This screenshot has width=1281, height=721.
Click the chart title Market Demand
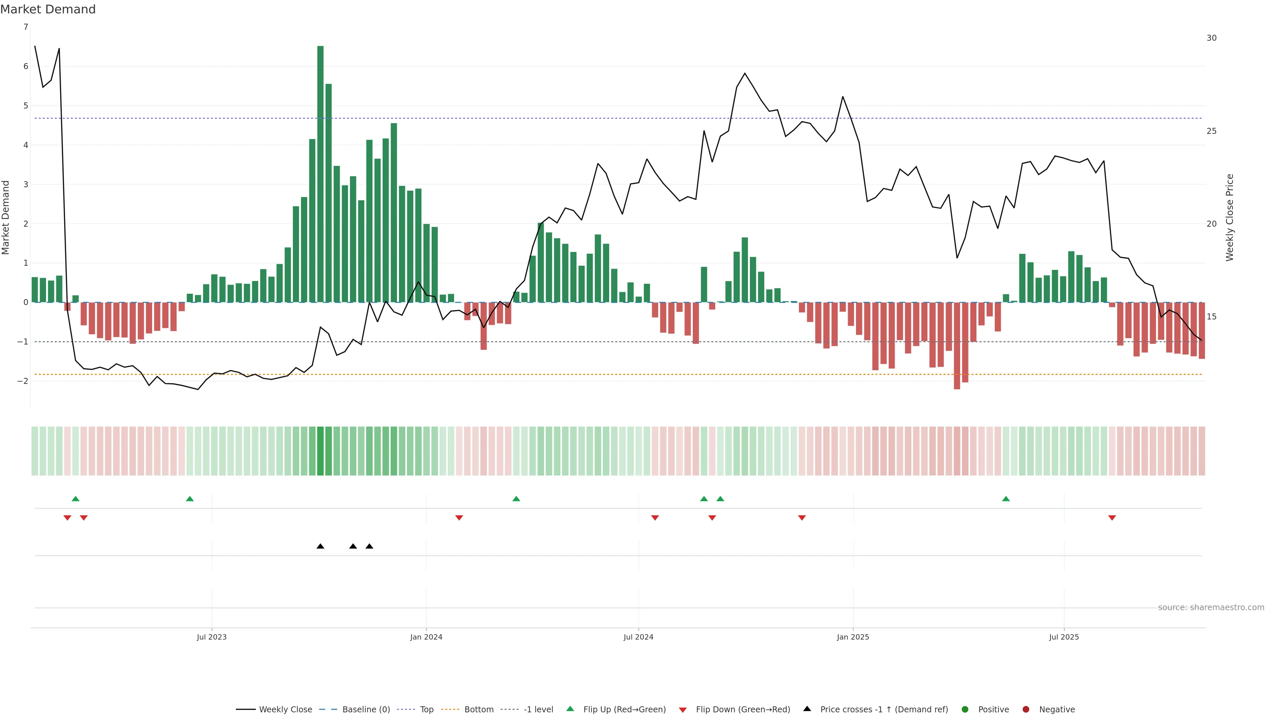48,9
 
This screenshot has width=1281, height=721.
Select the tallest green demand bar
320,174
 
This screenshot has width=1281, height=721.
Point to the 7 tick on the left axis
26,27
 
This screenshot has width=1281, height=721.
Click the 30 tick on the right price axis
1211,38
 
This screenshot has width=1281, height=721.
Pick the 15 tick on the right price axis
1211,316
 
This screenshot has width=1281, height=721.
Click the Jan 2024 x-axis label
426,637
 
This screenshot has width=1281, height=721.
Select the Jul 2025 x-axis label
1064,637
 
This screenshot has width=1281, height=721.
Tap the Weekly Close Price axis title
1230,217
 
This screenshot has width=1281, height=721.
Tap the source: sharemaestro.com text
1211,608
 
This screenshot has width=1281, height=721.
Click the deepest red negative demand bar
957,346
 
